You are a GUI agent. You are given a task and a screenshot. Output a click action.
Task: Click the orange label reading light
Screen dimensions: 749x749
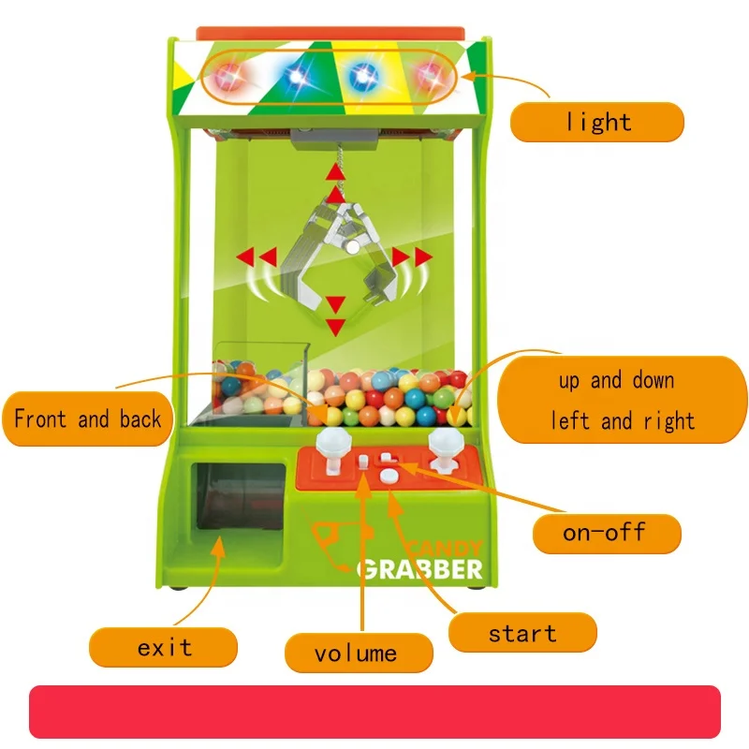[x=596, y=122]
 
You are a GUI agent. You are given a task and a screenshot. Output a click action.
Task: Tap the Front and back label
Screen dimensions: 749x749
[x=86, y=419]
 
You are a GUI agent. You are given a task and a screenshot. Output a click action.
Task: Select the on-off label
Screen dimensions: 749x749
[x=604, y=533]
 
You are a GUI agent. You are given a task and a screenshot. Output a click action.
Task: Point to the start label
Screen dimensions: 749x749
[x=521, y=633]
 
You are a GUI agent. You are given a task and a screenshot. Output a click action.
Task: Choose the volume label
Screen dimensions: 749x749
[x=357, y=653]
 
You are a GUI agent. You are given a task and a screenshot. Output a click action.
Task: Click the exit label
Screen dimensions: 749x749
[x=163, y=647]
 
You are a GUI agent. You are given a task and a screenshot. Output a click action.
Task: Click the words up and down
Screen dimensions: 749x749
[x=617, y=381]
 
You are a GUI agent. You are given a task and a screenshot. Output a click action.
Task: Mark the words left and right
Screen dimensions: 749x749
[x=623, y=420]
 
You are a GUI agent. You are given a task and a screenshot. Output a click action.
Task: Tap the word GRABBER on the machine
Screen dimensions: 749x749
[x=420, y=568]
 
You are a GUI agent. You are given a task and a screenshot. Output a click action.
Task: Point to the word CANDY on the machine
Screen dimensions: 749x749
[x=447, y=548]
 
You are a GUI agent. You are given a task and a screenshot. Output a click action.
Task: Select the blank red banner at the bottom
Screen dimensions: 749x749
[x=374, y=712]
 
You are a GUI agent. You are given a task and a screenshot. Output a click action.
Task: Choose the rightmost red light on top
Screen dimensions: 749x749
[x=432, y=77]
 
